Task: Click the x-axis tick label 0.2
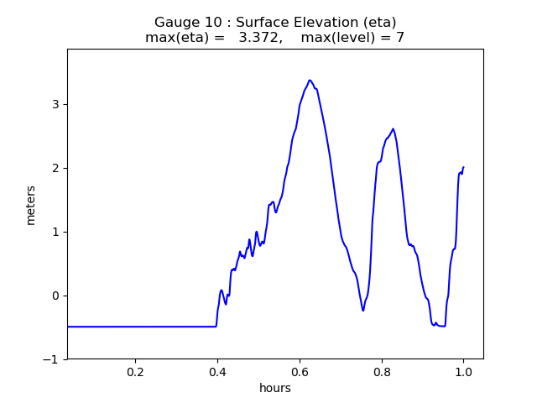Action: pyautogui.click(x=135, y=372)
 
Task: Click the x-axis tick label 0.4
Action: pyautogui.click(x=217, y=372)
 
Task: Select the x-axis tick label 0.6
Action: pyautogui.click(x=300, y=372)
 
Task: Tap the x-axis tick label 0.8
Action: pyautogui.click(x=382, y=372)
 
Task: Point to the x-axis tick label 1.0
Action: pyautogui.click(x=463, y=372)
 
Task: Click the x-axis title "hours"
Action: pyautogui.click(x=275, y=388)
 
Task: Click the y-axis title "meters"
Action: pyautogui.click(x=31, y=205)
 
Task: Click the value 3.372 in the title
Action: pyautogui.click(x=258, y=38)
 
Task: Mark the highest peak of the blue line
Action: pyautogui.click(x=310, y=81)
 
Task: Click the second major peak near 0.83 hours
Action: pyautogui.click(x=393, y=129)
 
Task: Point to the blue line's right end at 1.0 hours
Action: pyautogui.click(x=463, y=167)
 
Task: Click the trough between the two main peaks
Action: pyautogui.click(x=363, y=311)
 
